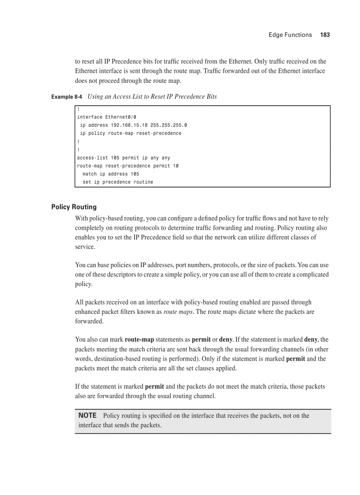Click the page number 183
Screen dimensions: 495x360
pyautogui.click(x=325, y=35)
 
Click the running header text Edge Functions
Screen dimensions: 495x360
pyautogui.click(x=290, y=35)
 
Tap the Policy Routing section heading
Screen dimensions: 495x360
pyautogui.click(x=74, y=207)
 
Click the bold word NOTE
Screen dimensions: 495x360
pyautogui.click(x=87, y=416)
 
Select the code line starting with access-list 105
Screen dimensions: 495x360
pyautogui.click(x=124, y=158)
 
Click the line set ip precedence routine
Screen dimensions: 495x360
pyautogui.click(x=118, y=182)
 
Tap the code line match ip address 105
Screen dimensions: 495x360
pyautogui.click(x=111, y=174)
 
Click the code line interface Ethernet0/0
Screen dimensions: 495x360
pyautogui.click(x=107, y=117)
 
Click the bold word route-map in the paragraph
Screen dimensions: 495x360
pyautogui.click(x=139, y=340)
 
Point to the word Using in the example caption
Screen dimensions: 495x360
pyautogui.click(x=95, y=97)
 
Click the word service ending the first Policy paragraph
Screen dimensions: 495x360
pyautogui.click(x=85, y=247)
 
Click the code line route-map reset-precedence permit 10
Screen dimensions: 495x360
pyautogui.click(x=127, y=166)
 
